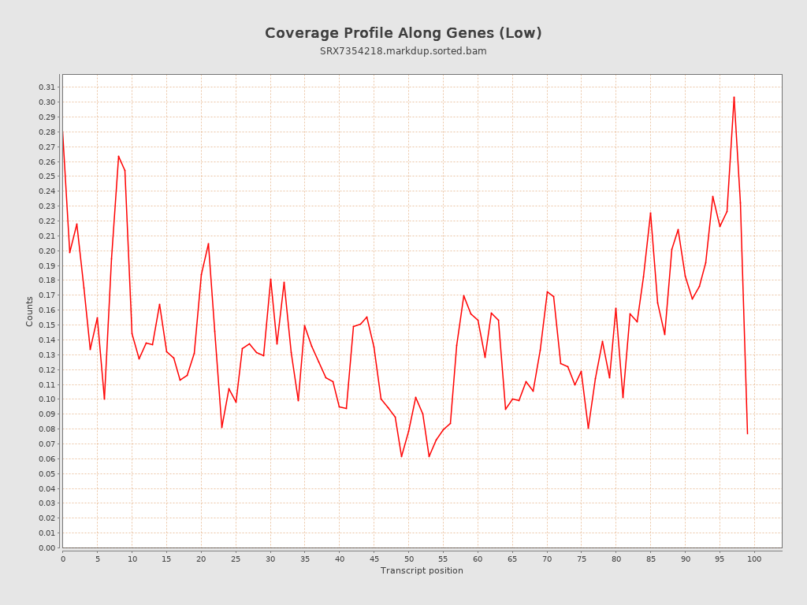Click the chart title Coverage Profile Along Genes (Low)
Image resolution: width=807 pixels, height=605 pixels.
click(x=403, y=33)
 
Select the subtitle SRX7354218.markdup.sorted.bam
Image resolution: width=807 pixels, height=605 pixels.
click(x=403, y=51)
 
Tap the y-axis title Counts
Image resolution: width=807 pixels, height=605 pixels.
click(x=30, y=311)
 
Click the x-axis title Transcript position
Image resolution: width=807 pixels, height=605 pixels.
click(x=422, y=570)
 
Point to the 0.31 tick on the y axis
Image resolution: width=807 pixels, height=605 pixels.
click(x=46, y=87)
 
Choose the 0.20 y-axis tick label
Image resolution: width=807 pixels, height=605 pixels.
click(x=46, y=251)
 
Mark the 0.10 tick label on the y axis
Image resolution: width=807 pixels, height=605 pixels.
click(x=46, y=399)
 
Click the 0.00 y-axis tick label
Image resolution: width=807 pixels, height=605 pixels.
click(x=46, y=547)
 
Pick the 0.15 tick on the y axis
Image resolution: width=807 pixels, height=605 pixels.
click(x=46, y=325)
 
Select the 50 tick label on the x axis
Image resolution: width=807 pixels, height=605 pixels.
click(x=408, y=559)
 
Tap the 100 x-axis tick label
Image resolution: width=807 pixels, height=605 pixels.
click(x=754, y=559)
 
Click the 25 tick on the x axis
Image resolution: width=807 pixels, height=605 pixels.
click(x=236, y=559)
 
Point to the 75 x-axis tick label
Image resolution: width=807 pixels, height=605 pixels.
click(x=582, y=559)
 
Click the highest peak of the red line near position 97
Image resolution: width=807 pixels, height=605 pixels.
click(x=734, y=97)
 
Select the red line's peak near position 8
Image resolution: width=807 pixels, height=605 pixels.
click(x=118, y=156)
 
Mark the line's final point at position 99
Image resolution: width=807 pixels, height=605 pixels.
click(x=747, y=433)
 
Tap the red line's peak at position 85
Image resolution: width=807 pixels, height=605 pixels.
click(x=650, y=213)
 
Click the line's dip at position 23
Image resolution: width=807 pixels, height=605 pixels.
click(x=221, y=428)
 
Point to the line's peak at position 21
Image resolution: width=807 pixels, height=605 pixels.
click(x=208, y=243)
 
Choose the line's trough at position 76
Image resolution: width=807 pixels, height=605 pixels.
click(x=588, y=429)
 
